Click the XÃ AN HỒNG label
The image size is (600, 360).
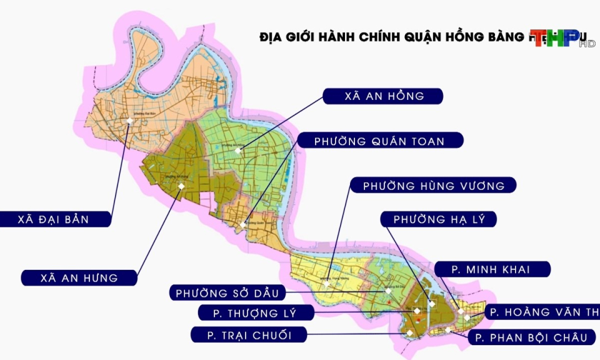[x=383, y=96]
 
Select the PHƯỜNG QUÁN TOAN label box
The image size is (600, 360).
[x=380, y=141]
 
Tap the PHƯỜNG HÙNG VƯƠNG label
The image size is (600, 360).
[x=433, y=186]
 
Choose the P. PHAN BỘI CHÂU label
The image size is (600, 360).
[x=531, y=338]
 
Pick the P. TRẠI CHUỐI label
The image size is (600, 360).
[x=250, y=336]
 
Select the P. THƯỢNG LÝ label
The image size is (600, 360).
[x=256, y=312]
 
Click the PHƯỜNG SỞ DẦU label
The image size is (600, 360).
[x=231, y=292]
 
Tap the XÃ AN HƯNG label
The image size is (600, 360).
[x=79, y=277]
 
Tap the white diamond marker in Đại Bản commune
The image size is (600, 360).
[x=129, y=121]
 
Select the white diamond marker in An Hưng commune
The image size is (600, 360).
[x=181, y=186]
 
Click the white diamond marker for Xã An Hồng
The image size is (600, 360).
[x=237, y=151]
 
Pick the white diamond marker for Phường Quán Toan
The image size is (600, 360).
[x=242, y=224]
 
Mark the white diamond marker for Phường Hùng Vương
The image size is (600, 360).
[x=326, y=284]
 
